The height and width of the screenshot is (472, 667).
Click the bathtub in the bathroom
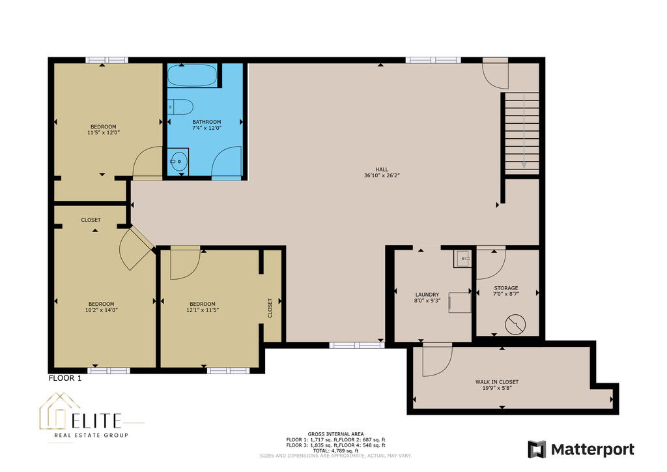(x=192, y=76)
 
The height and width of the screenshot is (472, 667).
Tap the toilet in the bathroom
(x=180, y=106)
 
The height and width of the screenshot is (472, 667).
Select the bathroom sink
(x=178, y=161)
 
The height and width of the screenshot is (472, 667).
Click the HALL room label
(x=382, y=170)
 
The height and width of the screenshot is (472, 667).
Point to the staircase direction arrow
(x=524, y=130)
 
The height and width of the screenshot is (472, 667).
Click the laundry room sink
(x=462, y=259)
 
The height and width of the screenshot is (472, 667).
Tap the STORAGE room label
(x=505, y=288)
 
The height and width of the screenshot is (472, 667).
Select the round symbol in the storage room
(x=516, y=325)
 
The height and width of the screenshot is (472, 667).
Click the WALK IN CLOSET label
(x=497, y=382)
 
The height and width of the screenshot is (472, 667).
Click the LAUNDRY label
(x=427, y=295)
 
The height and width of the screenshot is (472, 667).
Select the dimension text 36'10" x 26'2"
(x=382, y=175)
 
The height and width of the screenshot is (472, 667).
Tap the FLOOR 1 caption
(x=65, y=378)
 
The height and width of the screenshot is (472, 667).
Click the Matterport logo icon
(x=537, y=449)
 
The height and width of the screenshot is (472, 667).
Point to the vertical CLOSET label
(x=270, y=308)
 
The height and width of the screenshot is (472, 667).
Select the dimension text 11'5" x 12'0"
(x=104, y=133)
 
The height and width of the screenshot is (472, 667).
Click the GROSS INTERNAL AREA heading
(x=335, y=434)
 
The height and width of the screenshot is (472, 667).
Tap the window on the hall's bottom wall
(x=358, y=345)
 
